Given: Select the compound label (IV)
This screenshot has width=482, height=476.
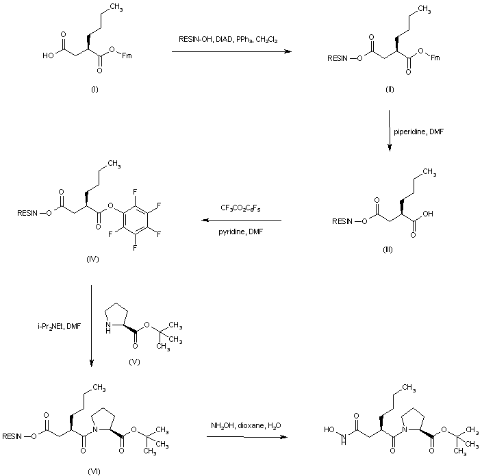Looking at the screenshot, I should pos(94,258).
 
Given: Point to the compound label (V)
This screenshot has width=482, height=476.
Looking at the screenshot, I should pos(134,361).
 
